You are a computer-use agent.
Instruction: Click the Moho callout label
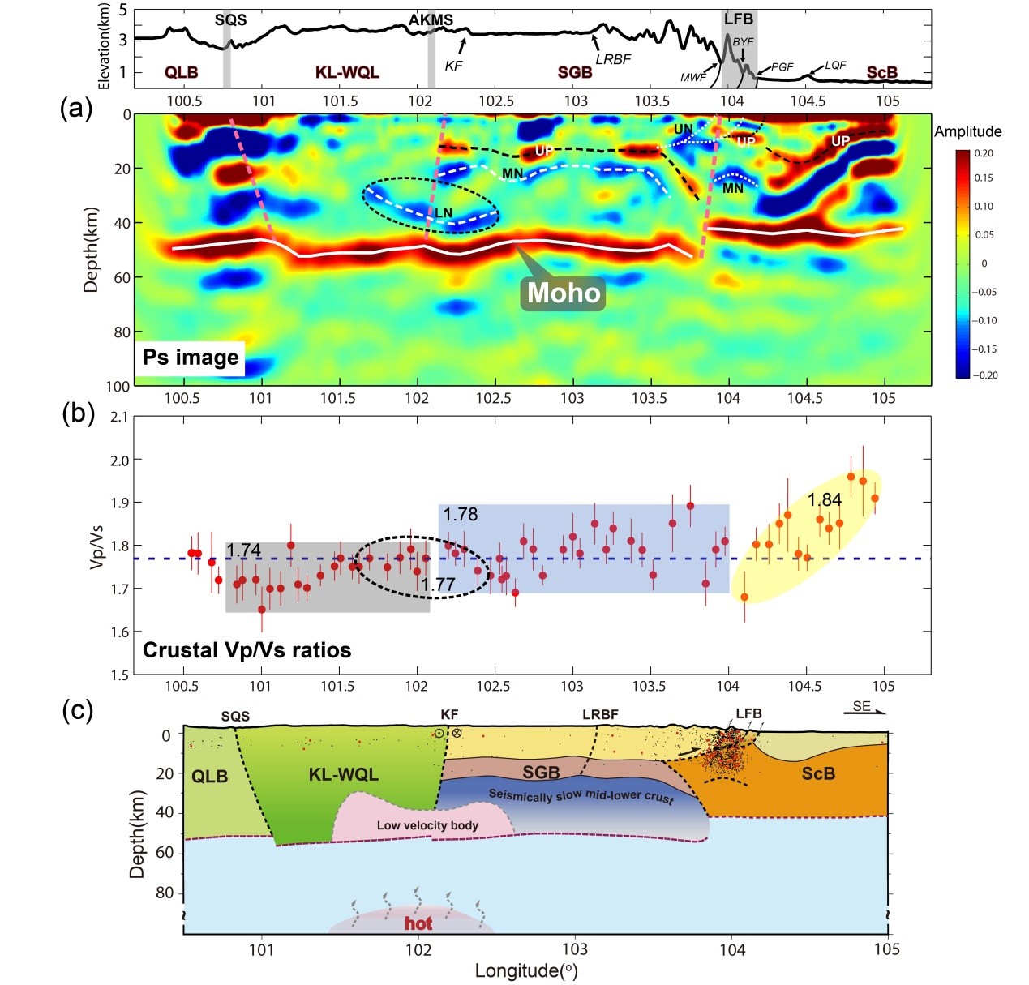click(x=564, y=293)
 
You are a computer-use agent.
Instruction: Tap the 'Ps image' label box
click(x=191, y=358)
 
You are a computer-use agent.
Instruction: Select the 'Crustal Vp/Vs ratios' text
click(x=247, y=650)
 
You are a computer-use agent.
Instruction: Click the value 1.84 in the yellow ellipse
click(x=825, y=500)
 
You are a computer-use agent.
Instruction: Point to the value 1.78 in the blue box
click(x=460, y=514)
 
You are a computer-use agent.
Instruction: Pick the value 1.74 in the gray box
click(x=243, y=550)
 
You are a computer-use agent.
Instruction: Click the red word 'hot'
click(x=418, y=923)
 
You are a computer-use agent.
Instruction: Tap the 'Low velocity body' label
click(x=427, y=825)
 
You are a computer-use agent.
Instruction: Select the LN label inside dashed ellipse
click(x=444, y=212)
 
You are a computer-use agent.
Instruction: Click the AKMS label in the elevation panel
click(x=431, y=19)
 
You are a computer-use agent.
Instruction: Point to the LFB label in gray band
click(x=738, y=19)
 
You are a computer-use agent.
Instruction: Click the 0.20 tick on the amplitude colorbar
click(x=984, y=153)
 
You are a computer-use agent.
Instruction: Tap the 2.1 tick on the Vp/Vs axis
click(x=118, y=417)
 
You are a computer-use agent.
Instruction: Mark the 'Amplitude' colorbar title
click(x=967, y=131)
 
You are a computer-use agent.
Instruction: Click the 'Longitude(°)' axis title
click(x=526, y=970)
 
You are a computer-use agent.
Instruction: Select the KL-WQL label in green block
click(x=343, y=775)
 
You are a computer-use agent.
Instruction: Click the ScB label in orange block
click(x=818, y=773)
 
